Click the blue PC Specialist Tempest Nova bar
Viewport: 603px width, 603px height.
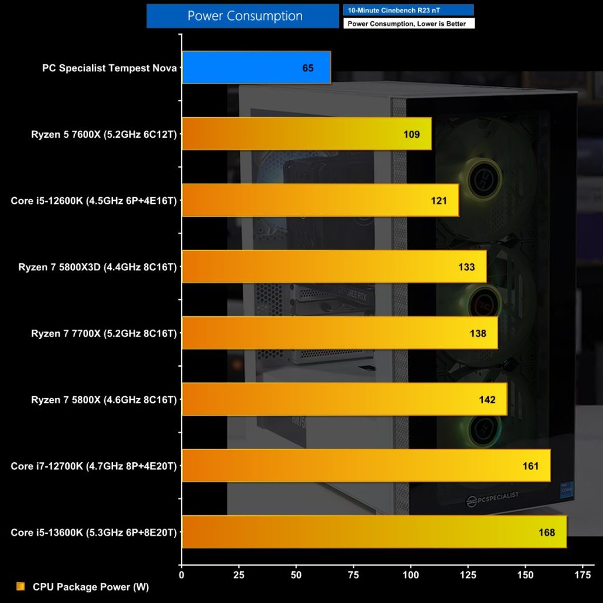(256, 68)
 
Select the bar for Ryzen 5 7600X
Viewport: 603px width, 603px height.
(306, 134)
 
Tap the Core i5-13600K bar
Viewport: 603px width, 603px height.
(374, 532)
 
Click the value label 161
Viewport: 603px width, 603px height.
(530, 466)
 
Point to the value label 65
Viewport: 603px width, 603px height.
(308, 68)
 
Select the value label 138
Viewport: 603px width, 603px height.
(478, 333)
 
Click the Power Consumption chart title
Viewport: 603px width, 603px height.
(244, 16)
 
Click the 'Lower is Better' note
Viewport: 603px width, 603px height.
(407, 24)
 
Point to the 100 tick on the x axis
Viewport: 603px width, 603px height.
(410, 574)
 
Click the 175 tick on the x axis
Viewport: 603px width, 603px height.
(582, 574)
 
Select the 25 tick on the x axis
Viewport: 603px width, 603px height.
(238, 574)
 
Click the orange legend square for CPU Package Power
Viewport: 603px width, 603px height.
(21, 587)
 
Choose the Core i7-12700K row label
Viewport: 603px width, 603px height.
(94, 466)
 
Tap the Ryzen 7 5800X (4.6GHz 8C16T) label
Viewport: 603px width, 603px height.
(104, 400)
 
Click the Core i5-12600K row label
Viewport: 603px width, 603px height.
(94, 201)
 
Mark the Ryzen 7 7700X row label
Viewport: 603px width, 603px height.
(104, 333)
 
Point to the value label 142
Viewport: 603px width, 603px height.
(487, 400)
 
